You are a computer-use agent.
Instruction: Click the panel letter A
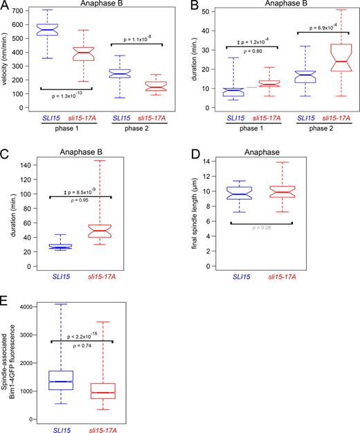click(6, 6)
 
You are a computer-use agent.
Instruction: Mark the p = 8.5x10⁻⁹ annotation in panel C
click(72, 187)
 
